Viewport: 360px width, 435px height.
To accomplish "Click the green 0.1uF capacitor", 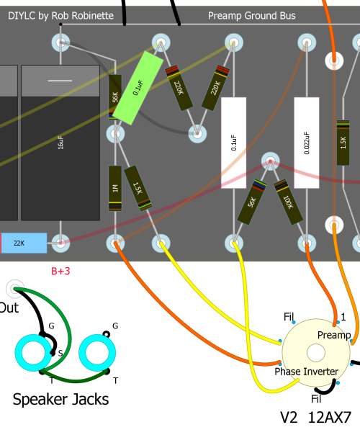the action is pyautogui.click(x=138, y=88).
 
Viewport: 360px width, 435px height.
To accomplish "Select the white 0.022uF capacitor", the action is pyautogui.click(x=307, y=143).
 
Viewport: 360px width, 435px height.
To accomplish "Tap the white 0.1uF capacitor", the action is pyautogui.click(x=233, y=143).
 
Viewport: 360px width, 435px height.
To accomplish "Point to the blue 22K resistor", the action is pyautogui.click(x=24, y=243).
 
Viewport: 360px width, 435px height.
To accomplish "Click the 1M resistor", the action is pyautogui.click(x=115, y=189).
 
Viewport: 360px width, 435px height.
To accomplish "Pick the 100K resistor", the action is pyautogui.click(x=289, y=202).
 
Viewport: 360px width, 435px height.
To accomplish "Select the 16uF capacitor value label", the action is pyautogui.click(x=60, y=143).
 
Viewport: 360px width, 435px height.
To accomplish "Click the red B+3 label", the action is pyautogui.click(x=60, y=271).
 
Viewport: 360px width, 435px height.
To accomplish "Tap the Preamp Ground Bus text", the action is pyautogui.click(x=252, y=16).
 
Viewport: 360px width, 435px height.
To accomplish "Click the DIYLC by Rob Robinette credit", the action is pyautogui.click(x=60, y=16).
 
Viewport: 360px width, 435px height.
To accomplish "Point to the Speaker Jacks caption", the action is pyautogui.click(x=60, y=399).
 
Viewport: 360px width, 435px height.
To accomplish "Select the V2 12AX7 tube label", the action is pyautogui.click(x=316, y=418).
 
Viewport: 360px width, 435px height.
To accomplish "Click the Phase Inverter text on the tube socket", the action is pyautogui.click(x=307, y=372).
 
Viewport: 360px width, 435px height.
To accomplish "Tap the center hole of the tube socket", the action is pyautogui.click(x=316, y=353).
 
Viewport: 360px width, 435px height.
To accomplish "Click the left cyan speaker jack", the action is pyautogui.click(x=33, y=353).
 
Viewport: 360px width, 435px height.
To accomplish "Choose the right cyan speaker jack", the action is pyautogui.click(x=97, y=353).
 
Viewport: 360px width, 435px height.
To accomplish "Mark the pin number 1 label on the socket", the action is pyautogui.click(x=343, y=317).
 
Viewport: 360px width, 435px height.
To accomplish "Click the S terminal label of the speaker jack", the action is pyautogui.click(x=60, y=353).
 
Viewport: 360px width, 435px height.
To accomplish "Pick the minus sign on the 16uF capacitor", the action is pyautogui.click(x=60, y=81).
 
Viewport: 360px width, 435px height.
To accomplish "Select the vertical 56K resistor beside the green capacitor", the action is pyautogui.click(x=115, y=97).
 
